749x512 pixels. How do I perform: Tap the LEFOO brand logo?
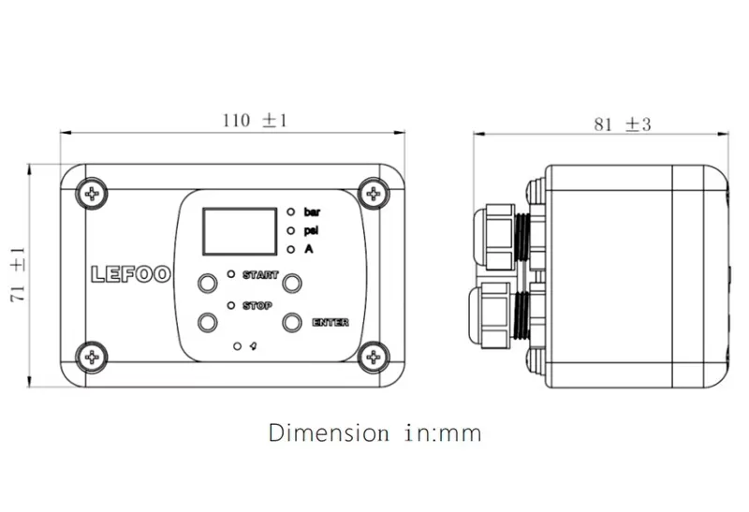130,274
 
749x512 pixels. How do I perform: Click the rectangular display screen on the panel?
238,231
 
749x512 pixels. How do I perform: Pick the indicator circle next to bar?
292,212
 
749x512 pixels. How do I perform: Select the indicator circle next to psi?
292,230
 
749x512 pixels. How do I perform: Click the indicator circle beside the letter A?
292,249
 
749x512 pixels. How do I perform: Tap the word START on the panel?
259,275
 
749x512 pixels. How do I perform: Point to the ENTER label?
330,323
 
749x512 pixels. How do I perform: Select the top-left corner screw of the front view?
92,194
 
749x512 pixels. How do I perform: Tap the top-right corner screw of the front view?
374,194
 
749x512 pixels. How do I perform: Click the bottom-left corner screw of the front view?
92,355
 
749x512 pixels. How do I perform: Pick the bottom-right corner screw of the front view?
374,355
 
